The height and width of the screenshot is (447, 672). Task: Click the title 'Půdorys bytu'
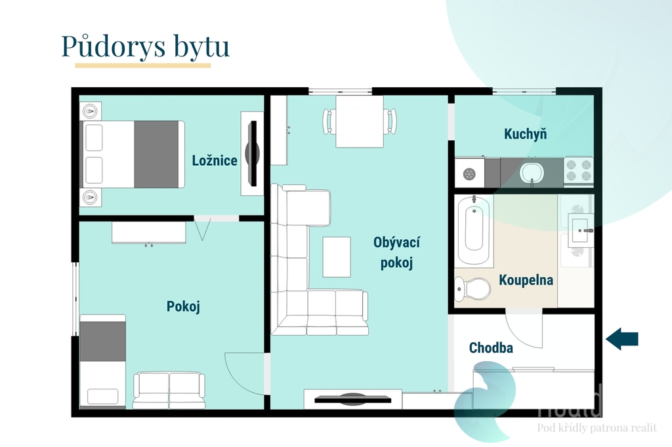145,47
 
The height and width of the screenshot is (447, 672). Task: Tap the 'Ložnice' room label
215,161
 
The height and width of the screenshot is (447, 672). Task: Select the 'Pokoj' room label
183,307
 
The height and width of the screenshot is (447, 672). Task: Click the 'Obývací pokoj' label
396,252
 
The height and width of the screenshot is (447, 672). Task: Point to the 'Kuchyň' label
525,134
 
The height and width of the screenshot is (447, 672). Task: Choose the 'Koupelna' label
526,281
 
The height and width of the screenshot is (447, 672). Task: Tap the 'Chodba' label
490,348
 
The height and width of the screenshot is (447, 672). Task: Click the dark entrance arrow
621,339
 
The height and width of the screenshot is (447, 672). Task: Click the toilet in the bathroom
474,287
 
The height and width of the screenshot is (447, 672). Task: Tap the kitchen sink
532,173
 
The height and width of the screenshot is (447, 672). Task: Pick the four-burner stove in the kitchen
578,171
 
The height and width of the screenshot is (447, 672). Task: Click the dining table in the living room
359,121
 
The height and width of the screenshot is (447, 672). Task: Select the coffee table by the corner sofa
337,256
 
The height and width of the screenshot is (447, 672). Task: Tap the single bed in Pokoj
102,360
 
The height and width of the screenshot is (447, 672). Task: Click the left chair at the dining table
329,121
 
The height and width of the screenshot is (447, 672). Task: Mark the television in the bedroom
252,153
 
